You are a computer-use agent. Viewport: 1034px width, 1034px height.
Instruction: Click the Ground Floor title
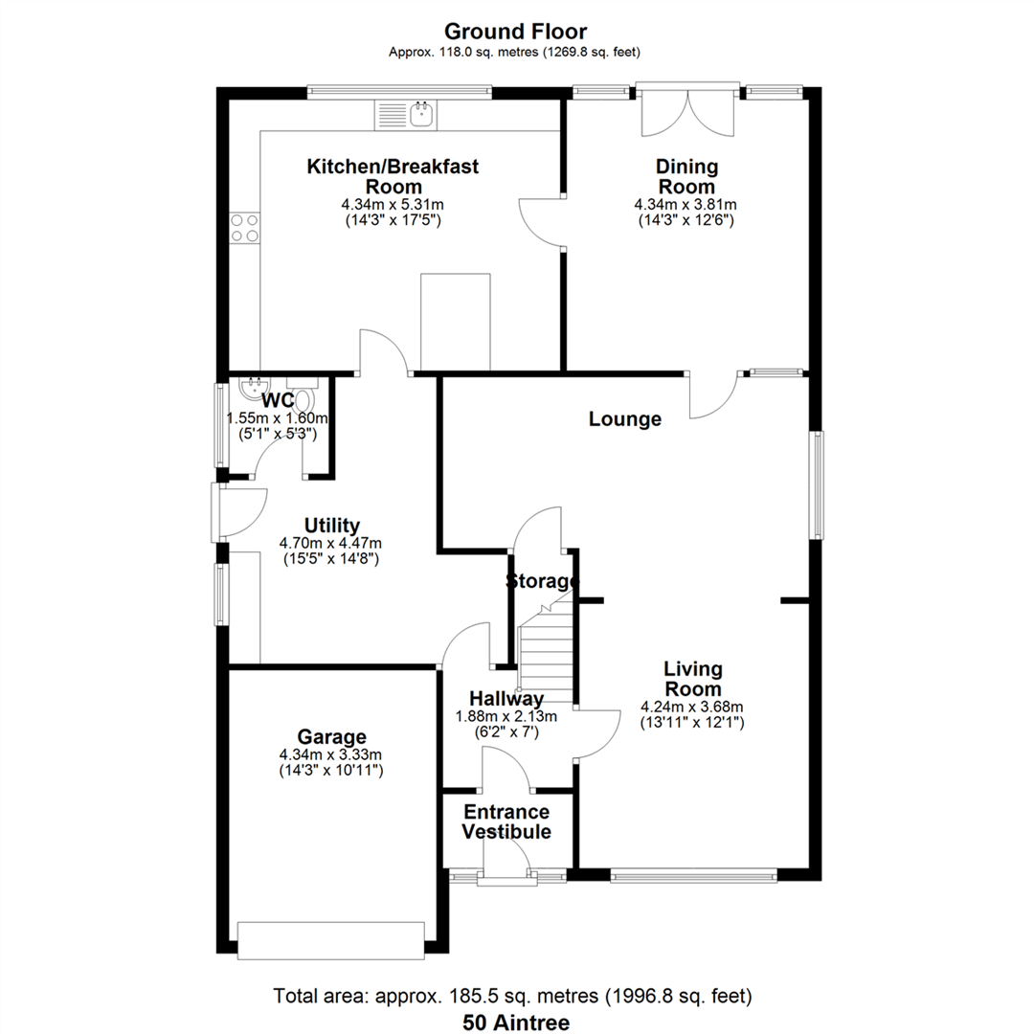point(515,31)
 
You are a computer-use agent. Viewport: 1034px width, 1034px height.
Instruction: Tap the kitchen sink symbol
point(404,115)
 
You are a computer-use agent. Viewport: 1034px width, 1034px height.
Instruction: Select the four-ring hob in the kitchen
point(244,228)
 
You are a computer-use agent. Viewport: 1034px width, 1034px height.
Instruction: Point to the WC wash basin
point(254,389)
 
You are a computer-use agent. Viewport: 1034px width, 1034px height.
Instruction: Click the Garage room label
point(331,736)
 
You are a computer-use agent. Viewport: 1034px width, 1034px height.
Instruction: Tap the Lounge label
point(625,418)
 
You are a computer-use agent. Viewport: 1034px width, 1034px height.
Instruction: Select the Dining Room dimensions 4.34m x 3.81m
point(686,205)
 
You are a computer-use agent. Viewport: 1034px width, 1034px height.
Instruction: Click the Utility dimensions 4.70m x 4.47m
point(330,544)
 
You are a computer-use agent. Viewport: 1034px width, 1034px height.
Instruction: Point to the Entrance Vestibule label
point(506,821)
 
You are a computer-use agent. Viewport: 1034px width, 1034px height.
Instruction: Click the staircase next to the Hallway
point(546,649)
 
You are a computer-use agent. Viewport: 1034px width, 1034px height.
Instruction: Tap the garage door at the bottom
point(331,940)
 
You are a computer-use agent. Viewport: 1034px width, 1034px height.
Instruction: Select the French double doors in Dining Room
point(687,111)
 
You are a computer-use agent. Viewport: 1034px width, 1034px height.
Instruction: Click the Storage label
point(542,581)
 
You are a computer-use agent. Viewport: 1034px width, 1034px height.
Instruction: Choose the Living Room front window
point(694,876)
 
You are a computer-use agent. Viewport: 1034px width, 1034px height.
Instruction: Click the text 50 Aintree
point(516,1023)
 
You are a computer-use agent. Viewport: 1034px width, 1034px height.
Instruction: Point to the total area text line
point(512,995)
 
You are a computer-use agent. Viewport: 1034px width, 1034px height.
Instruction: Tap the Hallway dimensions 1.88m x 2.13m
point(506,716)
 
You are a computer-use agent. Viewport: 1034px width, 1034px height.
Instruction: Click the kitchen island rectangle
point(456,323)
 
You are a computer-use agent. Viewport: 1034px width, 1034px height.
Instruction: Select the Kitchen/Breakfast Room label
point(393,176)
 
